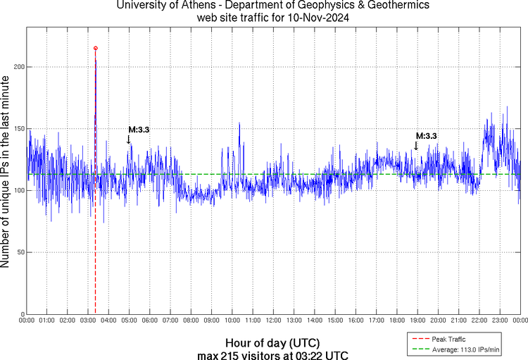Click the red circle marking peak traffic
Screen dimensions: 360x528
[x=96, y=48]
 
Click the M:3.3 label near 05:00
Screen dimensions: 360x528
[x=139, y=130]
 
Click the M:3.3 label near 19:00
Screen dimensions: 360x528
[x=427, y=136]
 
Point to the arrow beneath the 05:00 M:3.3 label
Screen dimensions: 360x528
[x=129, y=139]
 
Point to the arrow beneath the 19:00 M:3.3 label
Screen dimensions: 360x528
[x=416, y=145]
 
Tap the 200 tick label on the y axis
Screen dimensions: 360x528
[x=17, y=67]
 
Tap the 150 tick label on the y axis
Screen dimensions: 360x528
[x=17, y=129]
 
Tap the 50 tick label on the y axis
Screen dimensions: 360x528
[x=19, y=252]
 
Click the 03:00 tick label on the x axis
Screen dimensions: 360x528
[x=88, y=321]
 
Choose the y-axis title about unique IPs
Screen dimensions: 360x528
[x=6, y=173]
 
